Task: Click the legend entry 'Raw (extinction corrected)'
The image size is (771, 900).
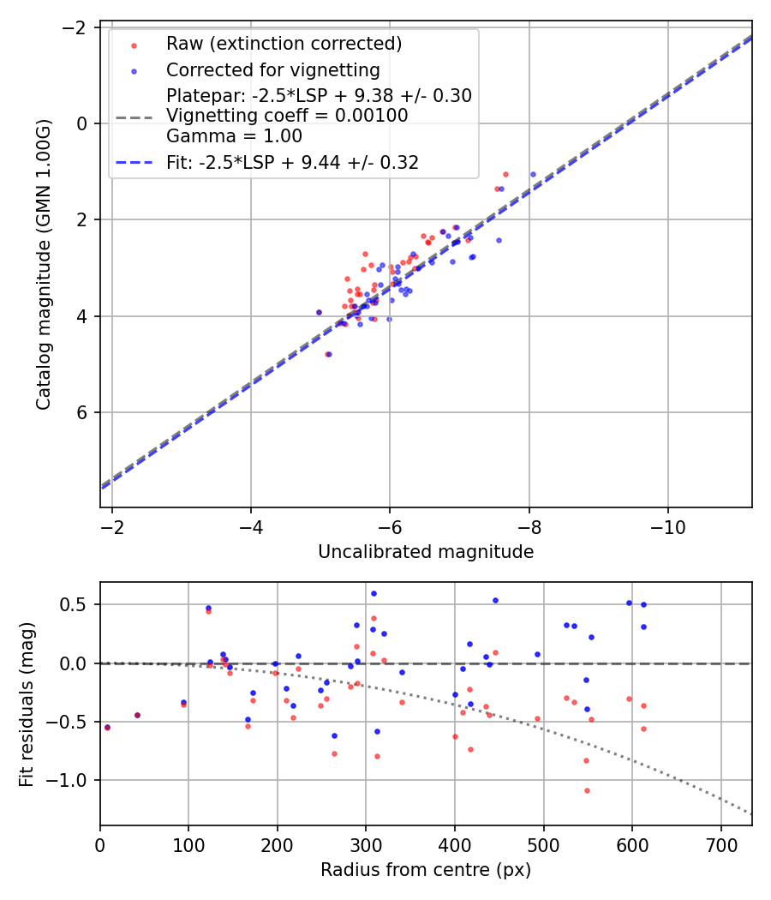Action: pyautogui.click(x=284, y=43)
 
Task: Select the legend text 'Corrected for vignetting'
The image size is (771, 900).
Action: pyautogui.click(x=272, y=70)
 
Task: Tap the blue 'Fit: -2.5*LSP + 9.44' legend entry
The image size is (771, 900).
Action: pyautogui.click(x=292, y=163)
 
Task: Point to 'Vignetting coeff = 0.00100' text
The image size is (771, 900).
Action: pyautogui.click(x=286, y=116)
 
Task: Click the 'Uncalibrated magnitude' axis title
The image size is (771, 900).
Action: pyautogui.click(x=426, y=552)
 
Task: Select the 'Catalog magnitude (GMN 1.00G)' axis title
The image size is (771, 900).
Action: pyautogui.click(x=44, y=265)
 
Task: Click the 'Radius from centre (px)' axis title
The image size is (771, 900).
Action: pyautogui.click(x=426, y=870)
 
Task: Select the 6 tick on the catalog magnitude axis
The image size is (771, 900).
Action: pyautogui.click(x=83, y=412)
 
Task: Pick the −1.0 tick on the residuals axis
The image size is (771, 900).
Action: pyautogui.click(x=75, y=780)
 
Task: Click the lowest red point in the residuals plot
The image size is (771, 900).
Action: pyautogui.click(x=587, y=790)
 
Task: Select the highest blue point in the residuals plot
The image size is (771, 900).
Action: pyautogui.click(x=374, y=593)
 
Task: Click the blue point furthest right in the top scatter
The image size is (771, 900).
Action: pyautogui.click(x=533, y=174)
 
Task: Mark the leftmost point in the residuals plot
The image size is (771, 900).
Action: pyautogui.click(x=107, y=727)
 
